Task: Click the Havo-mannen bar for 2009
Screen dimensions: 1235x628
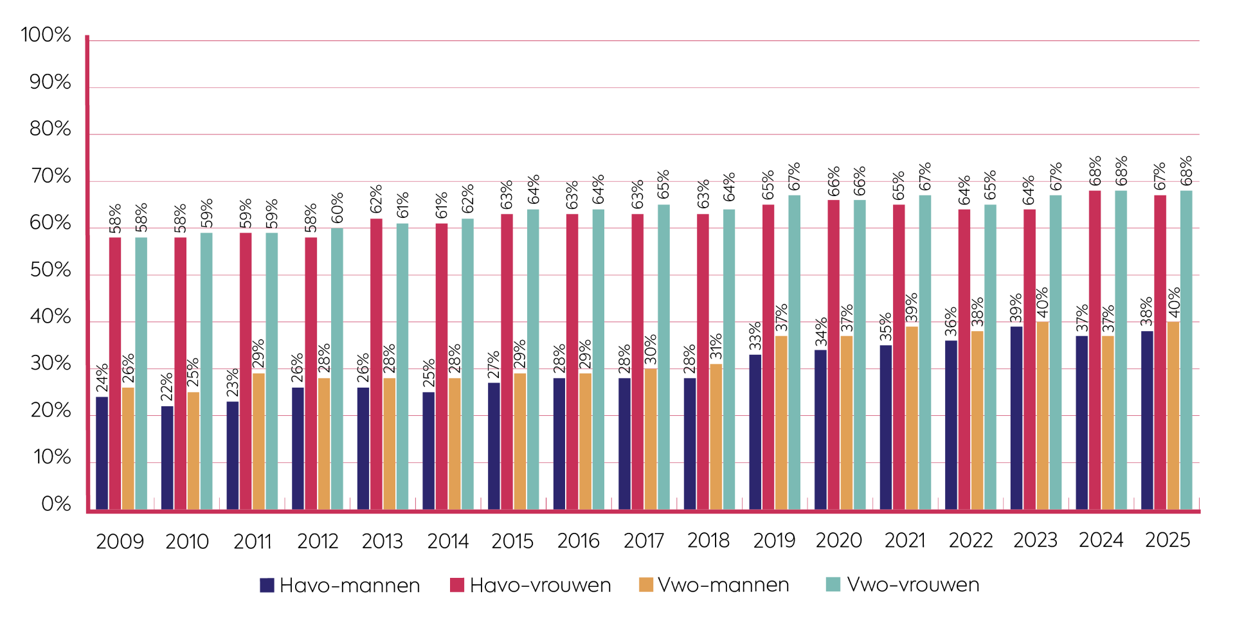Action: tap(102, 454)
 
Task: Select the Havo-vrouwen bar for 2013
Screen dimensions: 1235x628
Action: tap(376, 364)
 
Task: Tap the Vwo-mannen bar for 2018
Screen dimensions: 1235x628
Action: tap(716, 437)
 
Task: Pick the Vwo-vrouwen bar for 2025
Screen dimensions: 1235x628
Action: tap(1186, 350)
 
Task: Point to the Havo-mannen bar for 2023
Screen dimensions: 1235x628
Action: tap(1016, 418)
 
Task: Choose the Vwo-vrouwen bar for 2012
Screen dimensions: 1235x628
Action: tap(337, 370)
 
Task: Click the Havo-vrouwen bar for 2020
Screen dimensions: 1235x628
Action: tap(833, 355)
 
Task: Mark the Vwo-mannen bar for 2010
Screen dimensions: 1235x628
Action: tap(193, 451)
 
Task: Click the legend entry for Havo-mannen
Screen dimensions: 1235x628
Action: tap(340, 585)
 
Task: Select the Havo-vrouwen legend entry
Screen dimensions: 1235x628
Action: tap(530, 585)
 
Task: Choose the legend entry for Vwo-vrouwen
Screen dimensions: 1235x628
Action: tap(903, 585)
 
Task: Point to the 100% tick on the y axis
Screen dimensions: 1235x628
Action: tap(46, 35)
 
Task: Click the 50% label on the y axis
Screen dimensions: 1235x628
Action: tap(50, 270)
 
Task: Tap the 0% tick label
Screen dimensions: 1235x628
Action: tap(56, 504)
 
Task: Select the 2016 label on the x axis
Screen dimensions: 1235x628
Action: tap(578, 541)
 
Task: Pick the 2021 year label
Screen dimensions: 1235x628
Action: tap(905, 541)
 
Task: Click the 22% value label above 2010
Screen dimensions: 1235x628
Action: tap(167, 387)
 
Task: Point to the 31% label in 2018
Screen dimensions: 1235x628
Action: tap(716, 346)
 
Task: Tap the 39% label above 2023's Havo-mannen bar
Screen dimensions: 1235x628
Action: tap(1016, 308)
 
